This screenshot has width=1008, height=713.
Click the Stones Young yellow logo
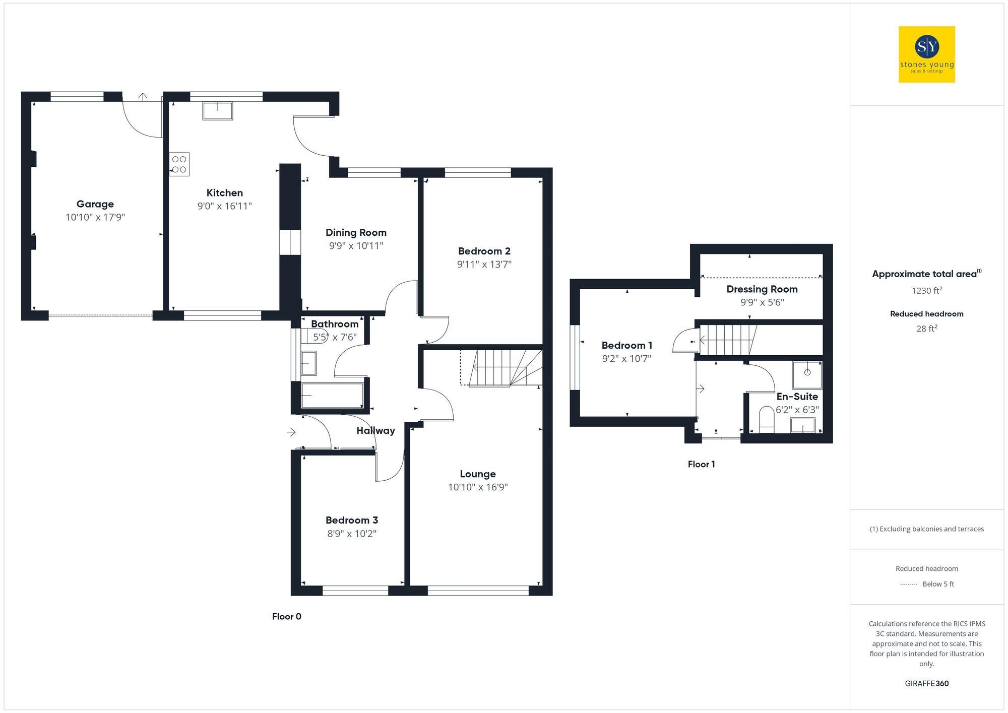(x=926, y=54)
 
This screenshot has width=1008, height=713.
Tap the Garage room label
(x=95, y=204)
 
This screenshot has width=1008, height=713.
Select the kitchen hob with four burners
(x=179, y=164)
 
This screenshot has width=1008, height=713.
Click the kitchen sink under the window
(x=218, y=111)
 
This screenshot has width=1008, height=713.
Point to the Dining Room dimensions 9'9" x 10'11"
(x=356, y=246)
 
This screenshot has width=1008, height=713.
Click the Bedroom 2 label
(x=484, y=251)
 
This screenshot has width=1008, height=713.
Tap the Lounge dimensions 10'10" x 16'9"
(x=478, y=487)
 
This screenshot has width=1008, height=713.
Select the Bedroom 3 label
(x=351, y=520)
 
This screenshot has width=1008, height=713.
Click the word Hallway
(x=375, y=430)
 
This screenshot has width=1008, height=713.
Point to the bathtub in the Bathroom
(x=332, y=396)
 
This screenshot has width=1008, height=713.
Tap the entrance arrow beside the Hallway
(x=291, y=432)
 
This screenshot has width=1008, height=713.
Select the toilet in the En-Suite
(x=766, y=419)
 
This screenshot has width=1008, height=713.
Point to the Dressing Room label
(x=762, y=289)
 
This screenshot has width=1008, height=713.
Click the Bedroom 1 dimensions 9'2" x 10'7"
(x=626, y=359)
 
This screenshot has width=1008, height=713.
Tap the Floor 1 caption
(x=701, y=464)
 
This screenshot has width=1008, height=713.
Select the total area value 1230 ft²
(x=926, y=291)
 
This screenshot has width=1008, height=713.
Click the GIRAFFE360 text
(x=926, y=683)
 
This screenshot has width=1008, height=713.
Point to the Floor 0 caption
(x=286, y=616)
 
